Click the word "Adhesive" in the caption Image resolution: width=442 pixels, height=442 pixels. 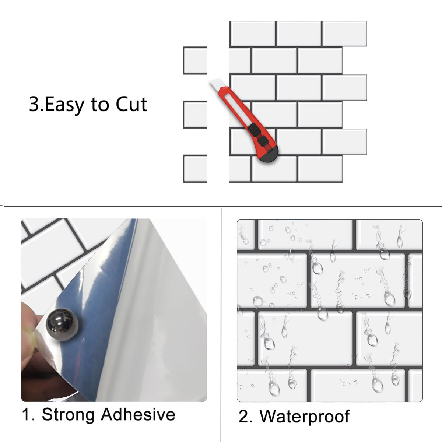[x=138, y=414]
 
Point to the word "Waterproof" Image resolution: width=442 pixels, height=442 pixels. [x=304, y=416]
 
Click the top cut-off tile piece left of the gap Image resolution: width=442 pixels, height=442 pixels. [x=195, y=61]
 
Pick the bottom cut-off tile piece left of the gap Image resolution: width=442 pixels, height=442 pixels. [x=195, y=169]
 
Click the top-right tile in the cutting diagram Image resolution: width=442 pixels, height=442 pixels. [x=344, y=34]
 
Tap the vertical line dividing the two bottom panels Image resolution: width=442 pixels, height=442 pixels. [x=221, y=324]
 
